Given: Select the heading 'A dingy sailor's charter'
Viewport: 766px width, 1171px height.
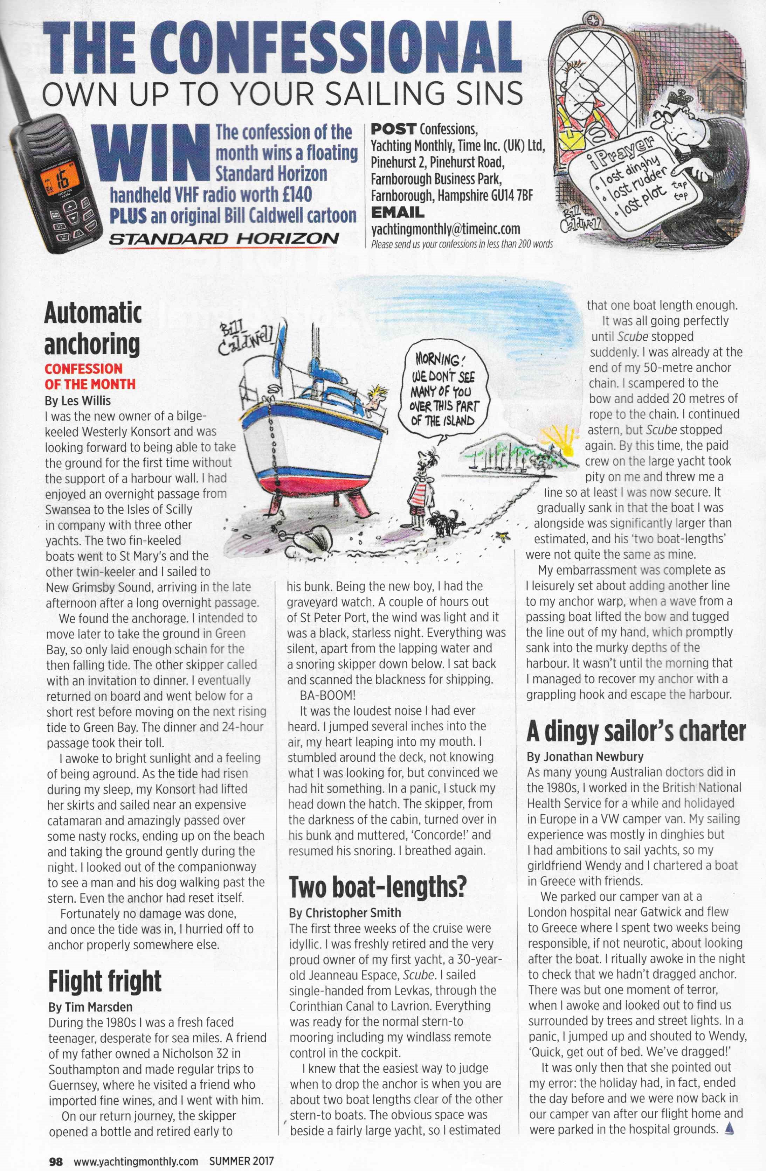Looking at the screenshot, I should click(x=636, y=732).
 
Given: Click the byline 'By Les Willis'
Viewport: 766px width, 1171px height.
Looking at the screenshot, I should click(x=78, y=400).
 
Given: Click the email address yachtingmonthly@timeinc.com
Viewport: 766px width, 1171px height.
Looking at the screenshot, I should click(x=446, y=229).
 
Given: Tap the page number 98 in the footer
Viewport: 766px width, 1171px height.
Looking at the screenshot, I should click(x=56, y=1158).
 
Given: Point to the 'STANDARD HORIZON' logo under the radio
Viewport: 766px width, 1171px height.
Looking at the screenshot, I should click(x=224, y=239).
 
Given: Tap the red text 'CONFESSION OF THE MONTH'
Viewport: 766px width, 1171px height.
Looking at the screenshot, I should click(x=90, y=376).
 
